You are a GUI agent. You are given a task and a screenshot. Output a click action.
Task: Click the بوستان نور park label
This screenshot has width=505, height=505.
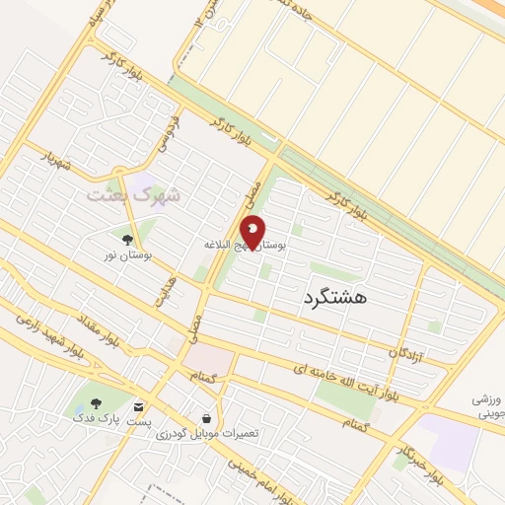click(x=125, y=255)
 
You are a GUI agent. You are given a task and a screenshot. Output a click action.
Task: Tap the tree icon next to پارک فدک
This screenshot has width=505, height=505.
click(x=96, y=403)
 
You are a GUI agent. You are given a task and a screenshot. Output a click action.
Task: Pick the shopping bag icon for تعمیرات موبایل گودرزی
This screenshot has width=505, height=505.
click(x=205, y=418)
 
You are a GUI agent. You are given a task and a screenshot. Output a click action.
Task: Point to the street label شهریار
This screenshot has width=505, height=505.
click(x=54, y=160)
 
